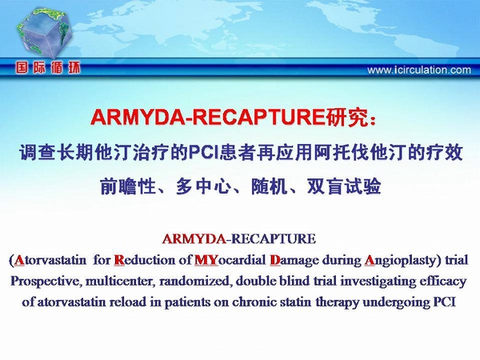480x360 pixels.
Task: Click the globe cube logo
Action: click(44, 33)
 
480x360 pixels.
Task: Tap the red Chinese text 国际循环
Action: click(48, 68)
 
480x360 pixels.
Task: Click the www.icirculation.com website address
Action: click(419, 70)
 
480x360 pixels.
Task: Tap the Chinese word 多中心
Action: click(203, 186)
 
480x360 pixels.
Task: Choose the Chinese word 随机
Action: click(269, 186)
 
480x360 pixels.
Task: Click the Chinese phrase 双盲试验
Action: click(344, 186)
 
